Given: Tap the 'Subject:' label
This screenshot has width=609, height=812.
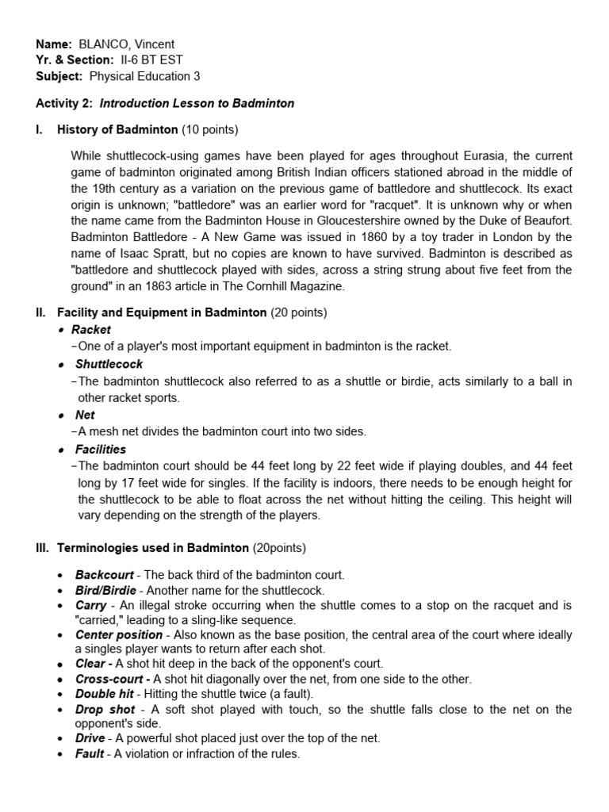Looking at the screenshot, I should (x=59, y=76).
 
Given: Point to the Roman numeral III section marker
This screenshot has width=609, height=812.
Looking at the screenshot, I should (x=42, y=548).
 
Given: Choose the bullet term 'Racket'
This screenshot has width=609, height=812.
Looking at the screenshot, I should (x=91, y=329).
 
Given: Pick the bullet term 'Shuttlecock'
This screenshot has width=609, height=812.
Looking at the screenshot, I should (x=109, y=364).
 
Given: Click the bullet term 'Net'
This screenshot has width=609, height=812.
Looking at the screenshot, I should (x=85, y=415).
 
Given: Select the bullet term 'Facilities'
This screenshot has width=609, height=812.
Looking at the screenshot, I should (x=100, y=449).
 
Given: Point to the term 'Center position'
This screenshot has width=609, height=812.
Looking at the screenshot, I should (x=118, y=635).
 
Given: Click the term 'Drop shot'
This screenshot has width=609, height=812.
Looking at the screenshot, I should (x=105, y=709).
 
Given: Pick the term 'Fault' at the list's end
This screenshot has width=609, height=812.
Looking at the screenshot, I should (x=89, y=754).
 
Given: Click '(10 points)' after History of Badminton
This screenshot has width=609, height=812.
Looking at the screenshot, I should (x=210, y=129).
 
